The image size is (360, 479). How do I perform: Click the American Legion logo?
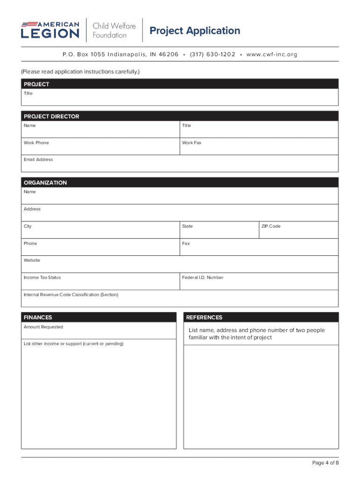click(x=50, y=30)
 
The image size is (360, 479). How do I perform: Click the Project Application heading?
click(x=194, y=31)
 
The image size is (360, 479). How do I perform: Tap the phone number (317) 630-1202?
click(x=212, y=54)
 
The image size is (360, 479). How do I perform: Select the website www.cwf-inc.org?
click(x=272, y=54)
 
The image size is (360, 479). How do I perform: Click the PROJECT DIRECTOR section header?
click(x=51, y=116)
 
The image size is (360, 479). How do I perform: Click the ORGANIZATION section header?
click(x=45, y=182)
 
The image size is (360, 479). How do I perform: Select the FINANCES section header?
click(x=38, y=317)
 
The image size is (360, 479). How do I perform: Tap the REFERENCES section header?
click(x=204, y=317)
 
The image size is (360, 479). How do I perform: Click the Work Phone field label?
click(x=36, y=143)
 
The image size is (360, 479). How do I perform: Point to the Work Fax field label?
click(x=192, y=143)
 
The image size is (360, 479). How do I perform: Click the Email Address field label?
click(x=38, y=160)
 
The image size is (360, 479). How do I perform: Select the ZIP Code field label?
click(x=271, y=226)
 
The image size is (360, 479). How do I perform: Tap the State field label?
click(x=187, y=226)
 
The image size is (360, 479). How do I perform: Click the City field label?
click(x=28, y=226)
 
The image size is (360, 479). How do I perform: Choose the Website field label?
click(x=32, y=260)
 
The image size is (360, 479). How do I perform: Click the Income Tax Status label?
click(x=42, y=277)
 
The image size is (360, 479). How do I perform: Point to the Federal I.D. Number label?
click(x=203, y=277)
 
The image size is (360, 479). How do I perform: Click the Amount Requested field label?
click(x=43, y=327)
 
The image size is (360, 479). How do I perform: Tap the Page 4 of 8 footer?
click(x=325, y=463)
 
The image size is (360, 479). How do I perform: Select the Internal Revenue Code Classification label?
click(x=71, y=295)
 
